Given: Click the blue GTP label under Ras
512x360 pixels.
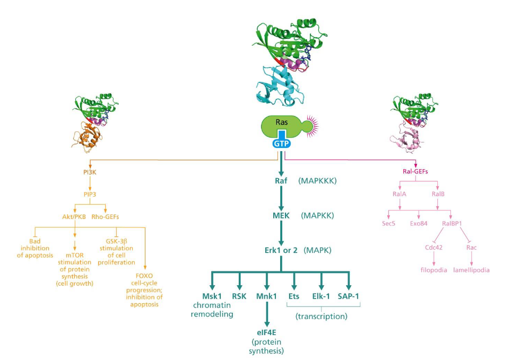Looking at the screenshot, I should pyautogui.click(x=281, y=143).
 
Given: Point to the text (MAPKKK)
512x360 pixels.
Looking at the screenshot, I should pyautogui.click(x=318, y=180).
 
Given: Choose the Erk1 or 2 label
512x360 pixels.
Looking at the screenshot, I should pyautogui.click(x=280, y=250).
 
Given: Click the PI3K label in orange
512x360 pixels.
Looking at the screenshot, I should pyautogui.click(x=89, y=172).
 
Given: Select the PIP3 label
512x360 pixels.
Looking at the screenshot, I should pyautogui.click(x=89, y=194).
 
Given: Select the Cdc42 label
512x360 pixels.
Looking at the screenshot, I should pyautogui.click(x=435, y=247).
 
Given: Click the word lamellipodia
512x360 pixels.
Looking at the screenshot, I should pyautogui.click(x=471, y=270).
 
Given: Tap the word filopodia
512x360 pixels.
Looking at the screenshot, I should pyautogui.click(x=434, y=270).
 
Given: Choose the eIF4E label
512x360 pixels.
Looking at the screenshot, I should pyautogui.click(x=267, y=332).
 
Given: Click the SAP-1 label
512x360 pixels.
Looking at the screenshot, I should pyautogui.click(x=349, y=296).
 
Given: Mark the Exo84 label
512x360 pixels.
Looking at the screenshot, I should pyautogui.click(x=419, y=224).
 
